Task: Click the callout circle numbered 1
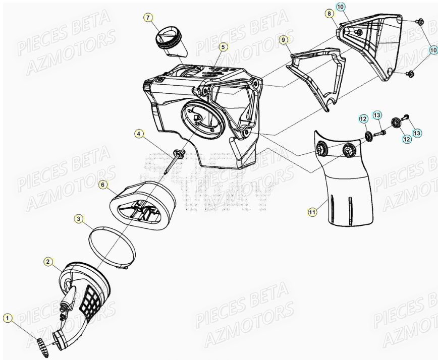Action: coord(8,318)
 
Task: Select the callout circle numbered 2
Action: coord(48,261)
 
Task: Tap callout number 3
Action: coord(79,218)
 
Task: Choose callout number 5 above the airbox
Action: coord(223,47)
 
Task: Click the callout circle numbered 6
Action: coord(103,185)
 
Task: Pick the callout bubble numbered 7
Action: coord(148,18)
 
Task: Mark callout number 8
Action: coord(330,14)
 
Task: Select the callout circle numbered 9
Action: coord(284,39)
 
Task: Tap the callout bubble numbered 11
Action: coord(312,212)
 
